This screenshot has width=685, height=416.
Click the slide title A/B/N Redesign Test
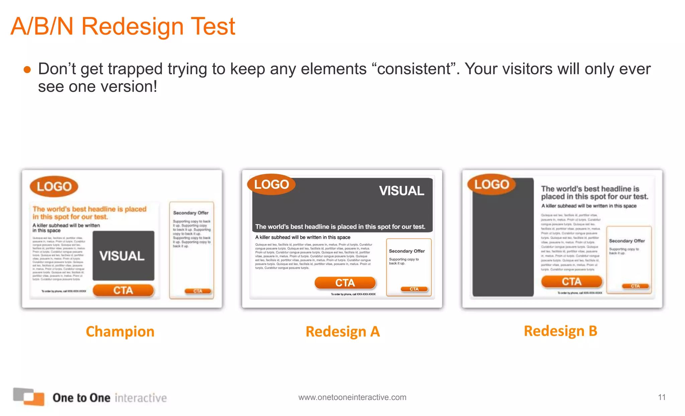pyautogui.click(x=123, y=26)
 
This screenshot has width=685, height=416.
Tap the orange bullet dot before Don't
pyautogui.click(x=27, y=70)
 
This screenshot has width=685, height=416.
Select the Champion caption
pyautogui.click(x=120, y=331)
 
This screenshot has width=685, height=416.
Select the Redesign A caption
pyautogui.click(x=342, y=331)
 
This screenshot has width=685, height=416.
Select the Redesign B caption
pyautogui.click(x=560, y=331)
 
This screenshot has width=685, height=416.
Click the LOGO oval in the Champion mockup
pyautogui.click(x=54, y=186)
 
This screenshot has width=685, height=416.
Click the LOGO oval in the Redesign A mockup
pyautogui.click(x=271, y=184)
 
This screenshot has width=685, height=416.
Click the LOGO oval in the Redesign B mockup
pyautogui.click(x=491, y=184)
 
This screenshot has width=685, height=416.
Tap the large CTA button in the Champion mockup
pyautogui.click(x=123, y=290)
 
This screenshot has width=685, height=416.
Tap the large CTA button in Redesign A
pyautogui.click(x=345, y=283)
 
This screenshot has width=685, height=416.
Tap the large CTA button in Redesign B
pyautogui.click(x=571, y=281)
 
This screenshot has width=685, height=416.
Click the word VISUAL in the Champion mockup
pyautogui.click(x=122, y=256)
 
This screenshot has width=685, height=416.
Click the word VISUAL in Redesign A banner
pyautogui.click(x=401, y=191)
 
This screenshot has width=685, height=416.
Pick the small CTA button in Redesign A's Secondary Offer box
pyautogui.click(x=414, y=289)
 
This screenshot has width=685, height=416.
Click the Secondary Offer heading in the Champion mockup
pyautogui.click(x=191, y=213)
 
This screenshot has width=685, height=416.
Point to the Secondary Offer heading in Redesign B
pyautogui.click(x=626, y=241)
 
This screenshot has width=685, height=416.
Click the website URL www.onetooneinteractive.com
pyautogui.click(x=352, y=397)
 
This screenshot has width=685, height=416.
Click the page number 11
pyautogui.click(x=661, y=397)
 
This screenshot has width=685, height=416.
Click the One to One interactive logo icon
pyautogui.click(x=29, y=396)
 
